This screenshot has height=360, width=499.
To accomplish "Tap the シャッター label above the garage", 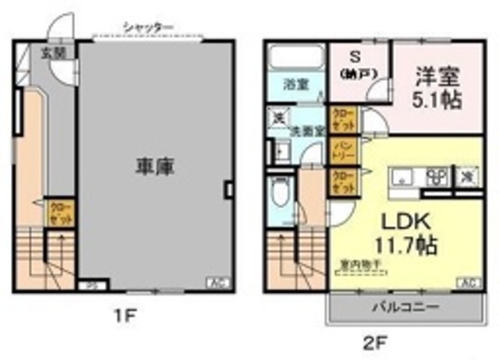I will pyautogui.click(x=147, y=27).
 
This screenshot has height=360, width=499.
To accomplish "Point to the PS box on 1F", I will pyautogui.click(x=91, y=284).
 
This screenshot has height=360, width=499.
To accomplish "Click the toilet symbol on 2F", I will pyautogui.click(x=281, y=190).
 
